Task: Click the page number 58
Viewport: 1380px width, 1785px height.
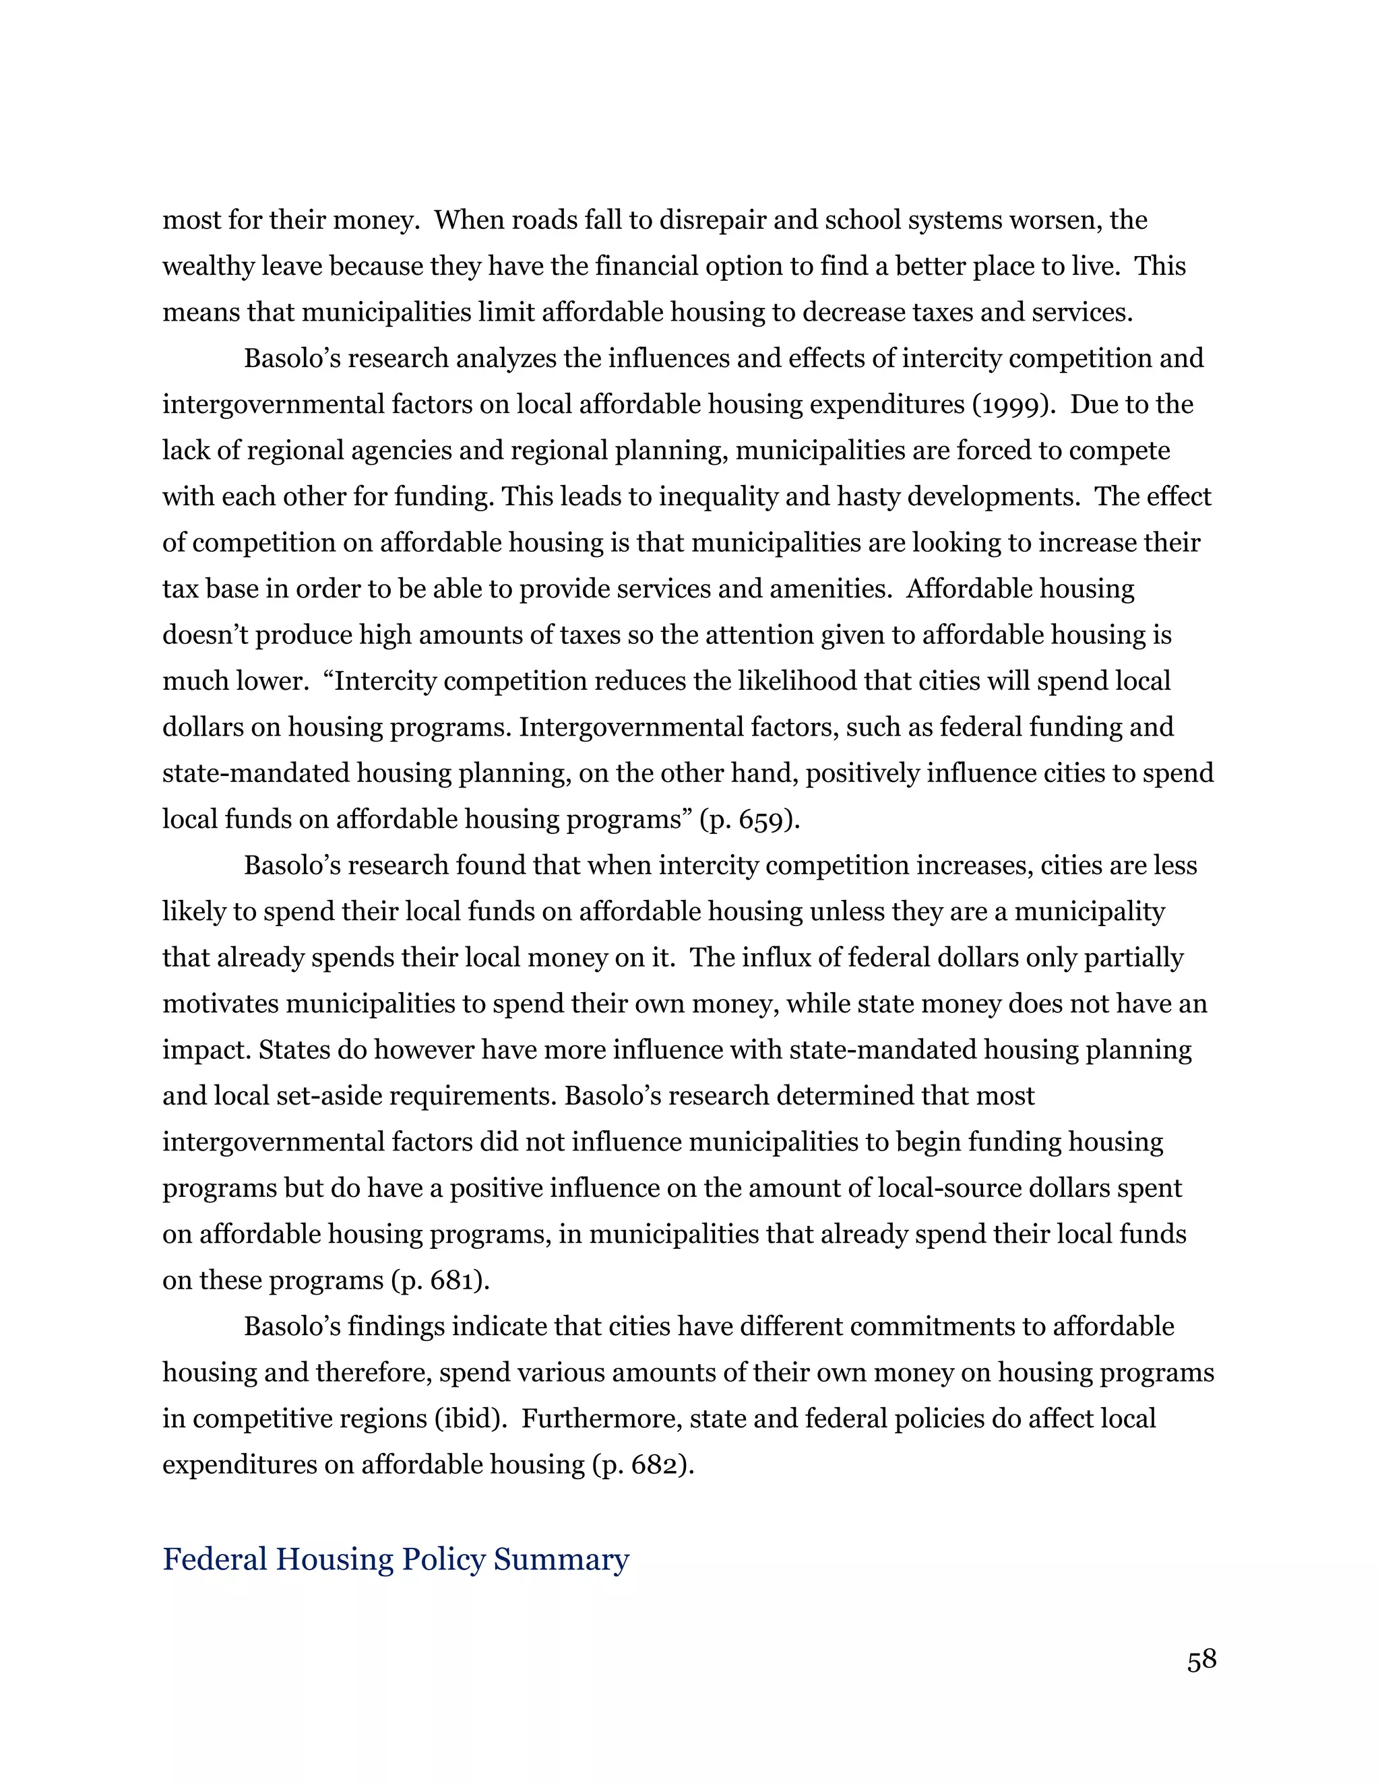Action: (1201, 1659)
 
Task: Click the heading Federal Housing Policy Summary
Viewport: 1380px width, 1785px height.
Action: (396, 1559)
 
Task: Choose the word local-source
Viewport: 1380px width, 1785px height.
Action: (947, 1188)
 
